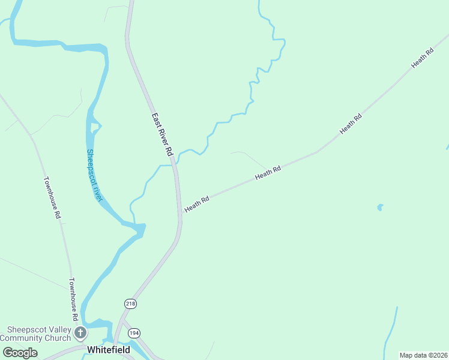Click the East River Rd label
162,135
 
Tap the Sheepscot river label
95,175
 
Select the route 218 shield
131,304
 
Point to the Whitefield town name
109,349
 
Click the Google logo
20,353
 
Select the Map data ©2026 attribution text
424,355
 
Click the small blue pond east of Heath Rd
379,208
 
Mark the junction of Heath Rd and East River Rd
181,214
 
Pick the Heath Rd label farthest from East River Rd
422,59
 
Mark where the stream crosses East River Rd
174,163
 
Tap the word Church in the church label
59,338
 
